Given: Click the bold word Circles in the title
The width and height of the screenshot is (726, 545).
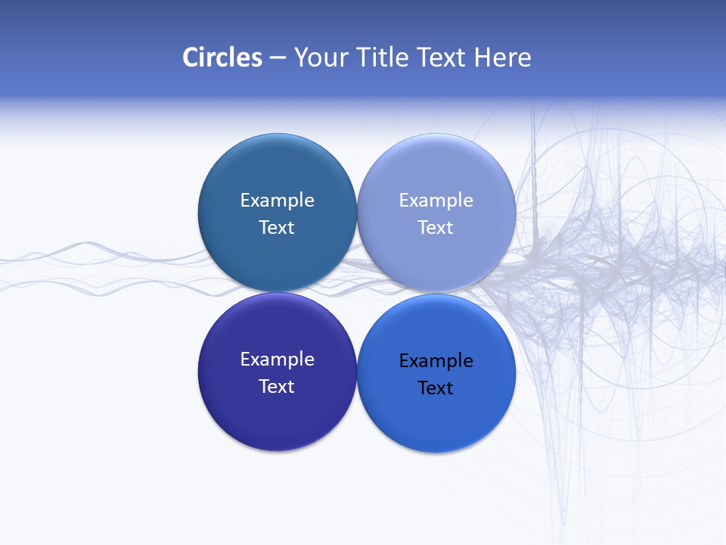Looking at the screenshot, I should pyautogui.click(x=222, y=58).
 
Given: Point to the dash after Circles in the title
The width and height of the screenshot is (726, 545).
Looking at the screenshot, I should pyautogui.click(x=278, y=58).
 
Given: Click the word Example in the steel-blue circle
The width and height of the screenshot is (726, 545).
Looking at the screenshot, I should pyautogui.click(x=277, y=201).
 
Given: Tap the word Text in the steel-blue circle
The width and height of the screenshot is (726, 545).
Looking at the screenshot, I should pyautogui.click(x=277, y=227).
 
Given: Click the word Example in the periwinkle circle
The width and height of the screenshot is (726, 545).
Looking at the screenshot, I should pyautogui.click(x=436, y=201).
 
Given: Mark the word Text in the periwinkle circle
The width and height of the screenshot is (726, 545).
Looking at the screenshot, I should pyautogui.click(x=436, y=227).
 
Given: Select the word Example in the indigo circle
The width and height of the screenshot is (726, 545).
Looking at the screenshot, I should pyautogui.click(x=277, y=360).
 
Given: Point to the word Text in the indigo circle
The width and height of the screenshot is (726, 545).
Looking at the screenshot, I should pyautogui.click(x=277, y=386).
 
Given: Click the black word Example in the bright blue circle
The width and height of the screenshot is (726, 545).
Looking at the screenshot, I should pyautogui.click(x=436, y=361).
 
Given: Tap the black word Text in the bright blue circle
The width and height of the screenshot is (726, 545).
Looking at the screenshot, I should pyautogui.click(x=436, y=388).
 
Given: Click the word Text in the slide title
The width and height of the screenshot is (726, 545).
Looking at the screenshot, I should pyautogui.click(x=442, y=58).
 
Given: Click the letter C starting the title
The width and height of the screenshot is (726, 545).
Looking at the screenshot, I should pyautogui.click(x=190, y=58).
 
